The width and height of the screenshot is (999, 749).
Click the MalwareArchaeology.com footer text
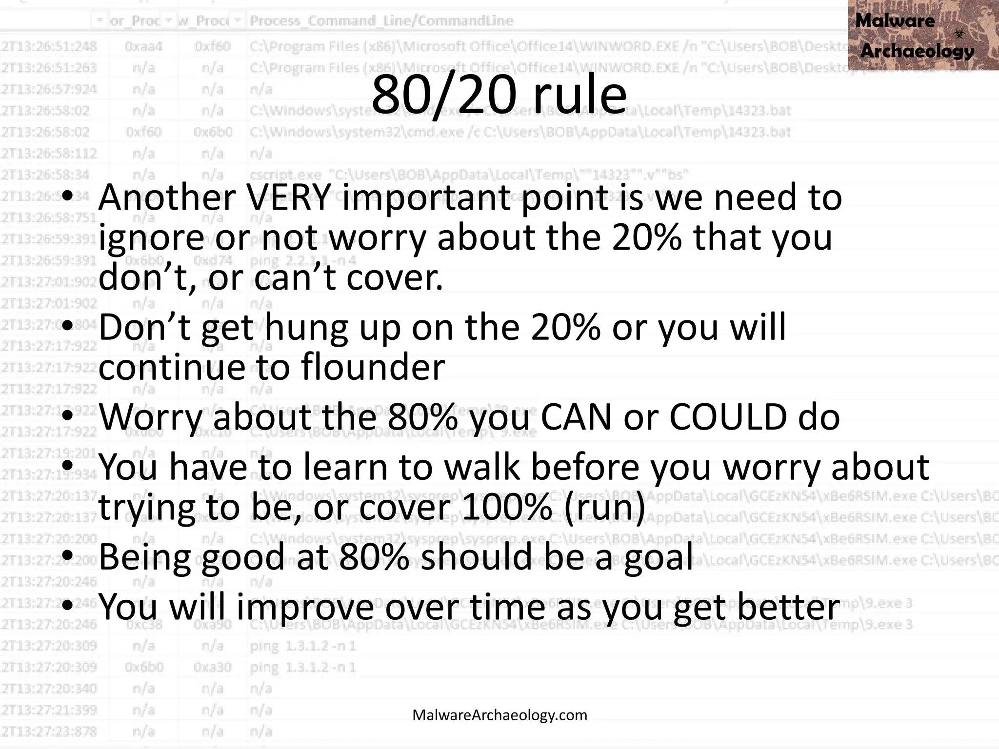click(x=499, y=715)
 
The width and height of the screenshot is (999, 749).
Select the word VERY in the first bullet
click(x=289, y=197)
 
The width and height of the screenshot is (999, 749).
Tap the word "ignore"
click(x=151, y=238)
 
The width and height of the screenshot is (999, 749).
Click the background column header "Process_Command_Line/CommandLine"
click(x=381, y=20)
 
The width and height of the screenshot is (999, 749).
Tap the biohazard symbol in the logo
click(x=959, y=33)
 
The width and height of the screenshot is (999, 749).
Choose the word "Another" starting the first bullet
click(x=167, y=197)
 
